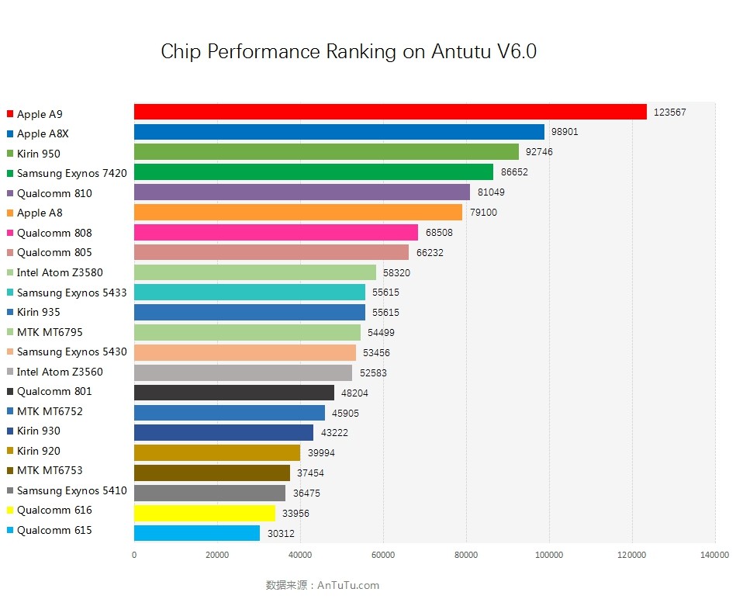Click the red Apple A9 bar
(x=390, y=112)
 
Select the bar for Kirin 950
(x=327, y=152)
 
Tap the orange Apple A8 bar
(x=298, y=212)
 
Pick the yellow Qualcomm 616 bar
(x=205, y=513)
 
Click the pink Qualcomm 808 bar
(x=276, y=232)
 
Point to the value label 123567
(x=670, y=113)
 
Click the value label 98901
(x=565, y=132)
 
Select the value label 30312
(x=279, y=533)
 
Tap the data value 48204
(x=354, y=393)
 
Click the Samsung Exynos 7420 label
(x=71, y=173)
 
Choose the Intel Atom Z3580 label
(x=60, y=272)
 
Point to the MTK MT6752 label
(x=50, y=411)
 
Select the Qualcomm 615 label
(x=54, y=530)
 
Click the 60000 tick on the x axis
(x=383, y=555)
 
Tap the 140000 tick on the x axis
(x=714, y=555)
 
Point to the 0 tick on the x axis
(x=134, y=555)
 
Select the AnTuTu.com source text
(x=348, y=585)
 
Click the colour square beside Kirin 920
(x=10, y=451)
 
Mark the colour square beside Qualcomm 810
(x=10, y=193)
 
